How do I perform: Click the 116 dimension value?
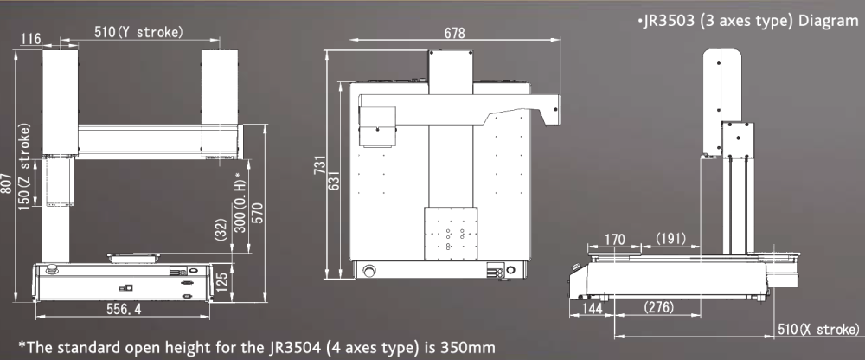(x=31, y=39)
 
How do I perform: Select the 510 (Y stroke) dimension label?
(x=138, y=32)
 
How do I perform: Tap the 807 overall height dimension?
(x=6, y=183)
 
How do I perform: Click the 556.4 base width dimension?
(x=124, y=309)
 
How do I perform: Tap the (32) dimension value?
(x=221, y=229)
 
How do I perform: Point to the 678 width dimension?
(x=455, y=33)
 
